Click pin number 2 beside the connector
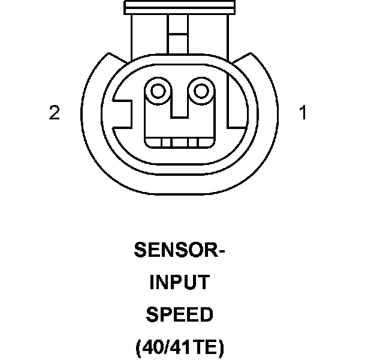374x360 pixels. click(55, 113)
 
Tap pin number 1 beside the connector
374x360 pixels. click(303, 113)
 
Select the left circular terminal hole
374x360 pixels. click(158, 92)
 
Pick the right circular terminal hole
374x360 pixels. click(201, 92)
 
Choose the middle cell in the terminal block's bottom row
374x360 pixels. click(179, 142)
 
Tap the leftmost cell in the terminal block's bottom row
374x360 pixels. click(155, 142)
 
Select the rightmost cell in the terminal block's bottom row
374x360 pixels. click(204, 142)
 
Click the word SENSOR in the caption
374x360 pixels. click(174, 250)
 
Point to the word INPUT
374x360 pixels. click(179, 283)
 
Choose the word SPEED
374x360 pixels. click(179, 314)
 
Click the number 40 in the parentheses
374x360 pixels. click(153, 347)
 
